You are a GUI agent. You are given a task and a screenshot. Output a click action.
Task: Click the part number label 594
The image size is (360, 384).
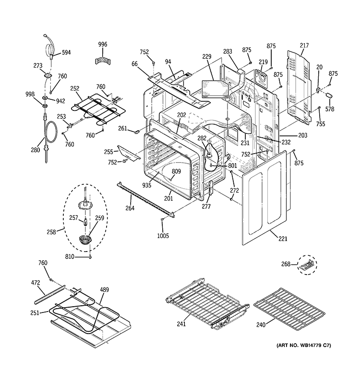[x=66, y=53]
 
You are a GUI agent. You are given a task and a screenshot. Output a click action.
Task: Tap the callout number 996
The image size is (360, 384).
[x=103, y=45]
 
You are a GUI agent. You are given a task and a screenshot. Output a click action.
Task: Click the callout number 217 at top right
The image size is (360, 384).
[x=304, y=46]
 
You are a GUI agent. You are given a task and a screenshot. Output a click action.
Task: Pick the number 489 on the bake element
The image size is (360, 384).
[x=104, y=289]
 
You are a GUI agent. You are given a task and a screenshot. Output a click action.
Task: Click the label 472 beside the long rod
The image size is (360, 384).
[x=35, y=284]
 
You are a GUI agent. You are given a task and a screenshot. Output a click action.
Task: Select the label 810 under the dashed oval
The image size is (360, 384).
[x=70, y=257]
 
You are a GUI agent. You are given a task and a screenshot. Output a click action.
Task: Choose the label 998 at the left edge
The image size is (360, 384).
[x=30, y=94]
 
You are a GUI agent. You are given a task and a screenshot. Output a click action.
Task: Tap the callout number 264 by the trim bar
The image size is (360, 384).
[x=130, y=208]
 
